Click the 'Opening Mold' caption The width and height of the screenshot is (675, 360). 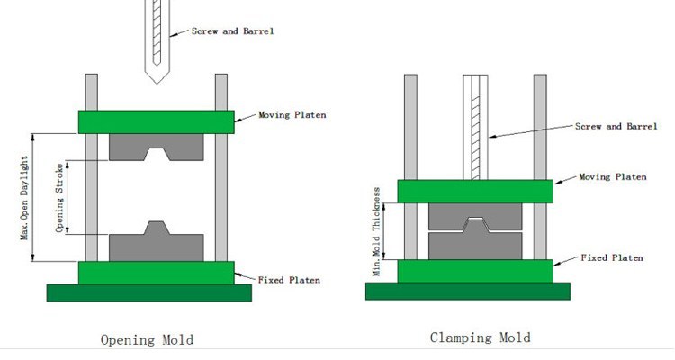[147, 340]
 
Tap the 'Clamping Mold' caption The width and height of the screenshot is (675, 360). [480, 337]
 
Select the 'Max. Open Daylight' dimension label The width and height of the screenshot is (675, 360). [24, 198]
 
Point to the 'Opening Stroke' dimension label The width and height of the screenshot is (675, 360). [59, 198]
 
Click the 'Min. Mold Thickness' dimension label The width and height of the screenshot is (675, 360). [377, 231]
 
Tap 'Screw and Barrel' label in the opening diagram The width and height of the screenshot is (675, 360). [232, 31]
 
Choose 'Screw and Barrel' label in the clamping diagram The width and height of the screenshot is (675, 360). [616, 126]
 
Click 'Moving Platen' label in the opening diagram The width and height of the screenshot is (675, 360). [292, 115]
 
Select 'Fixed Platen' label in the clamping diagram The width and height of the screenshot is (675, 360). [612, 257]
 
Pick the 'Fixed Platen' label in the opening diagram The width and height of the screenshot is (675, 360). [289, 280]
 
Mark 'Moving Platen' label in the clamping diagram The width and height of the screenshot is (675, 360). [613, 177]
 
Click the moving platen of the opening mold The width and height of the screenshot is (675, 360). [157, 121]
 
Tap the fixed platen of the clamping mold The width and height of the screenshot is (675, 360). [475, 271]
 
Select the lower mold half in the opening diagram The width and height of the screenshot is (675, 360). [157, 247]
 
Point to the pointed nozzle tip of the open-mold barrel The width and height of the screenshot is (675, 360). [157, 83]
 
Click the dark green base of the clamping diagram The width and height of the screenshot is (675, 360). [468, 291]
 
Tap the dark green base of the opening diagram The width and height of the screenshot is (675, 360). [148, 292]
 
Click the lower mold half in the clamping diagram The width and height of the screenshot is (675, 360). [475, 245]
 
